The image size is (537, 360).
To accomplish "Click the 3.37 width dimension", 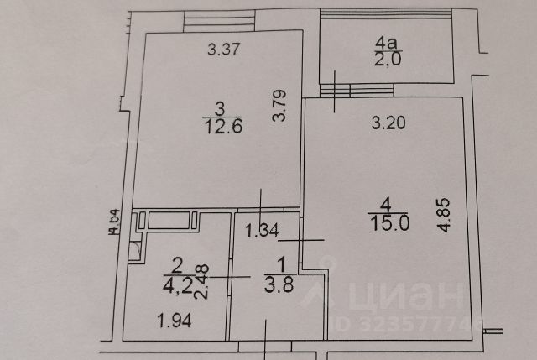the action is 225,50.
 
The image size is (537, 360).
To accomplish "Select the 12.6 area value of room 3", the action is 220,126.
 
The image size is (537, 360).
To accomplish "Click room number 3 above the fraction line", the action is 220,108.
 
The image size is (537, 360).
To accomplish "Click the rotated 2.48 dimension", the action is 201,281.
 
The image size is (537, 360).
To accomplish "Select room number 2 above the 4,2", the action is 177,265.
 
